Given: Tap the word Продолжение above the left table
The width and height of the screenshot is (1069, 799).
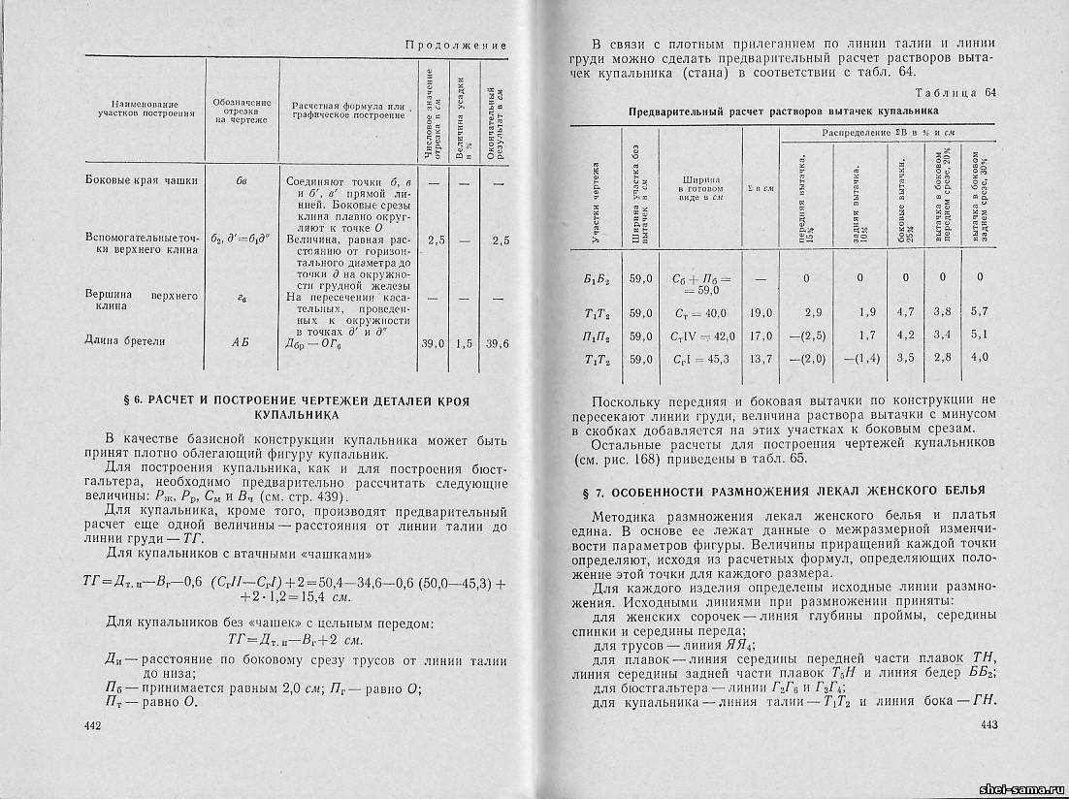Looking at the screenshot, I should click(x=456, y=46).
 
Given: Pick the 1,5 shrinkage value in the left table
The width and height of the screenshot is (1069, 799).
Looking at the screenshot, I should click(x=465, y=343).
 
